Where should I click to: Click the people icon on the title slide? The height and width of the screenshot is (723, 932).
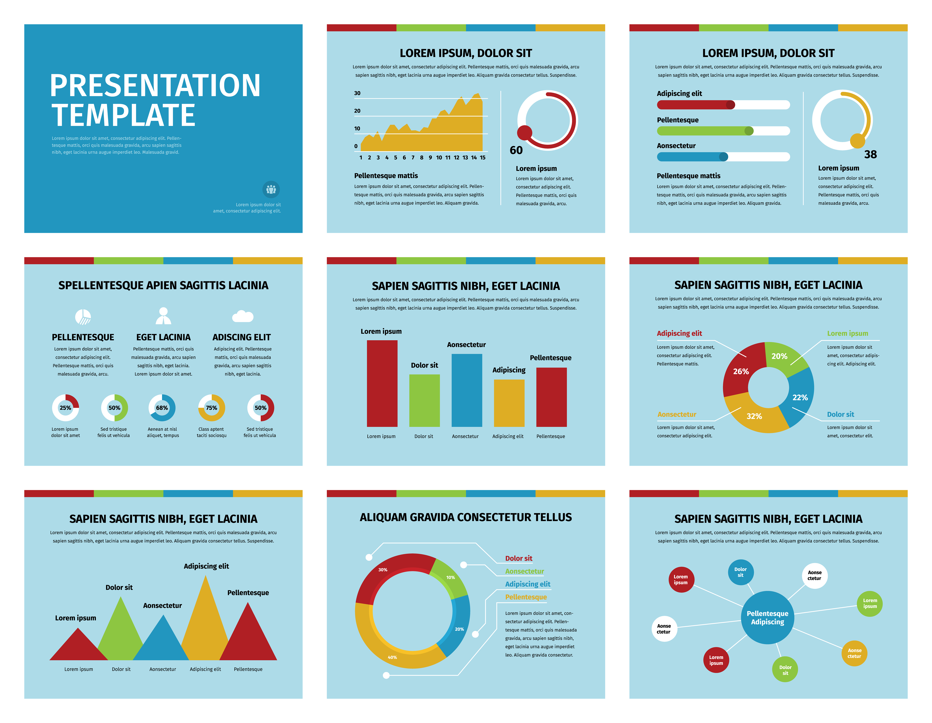(x=271, y=189)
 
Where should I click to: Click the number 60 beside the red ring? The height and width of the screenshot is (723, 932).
(x=516, y=150)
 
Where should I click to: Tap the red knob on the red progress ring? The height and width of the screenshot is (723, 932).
(x=524, y=133)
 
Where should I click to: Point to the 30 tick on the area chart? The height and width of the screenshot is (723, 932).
(x=357, y=93)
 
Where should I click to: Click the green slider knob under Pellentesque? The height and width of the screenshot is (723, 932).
(x=749, y=131)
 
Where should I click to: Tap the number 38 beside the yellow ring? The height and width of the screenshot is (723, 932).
(x=870, y=154)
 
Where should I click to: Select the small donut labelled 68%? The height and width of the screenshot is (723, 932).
(x=162, y=408)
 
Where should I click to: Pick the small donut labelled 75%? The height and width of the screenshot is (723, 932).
(x=211, y=408)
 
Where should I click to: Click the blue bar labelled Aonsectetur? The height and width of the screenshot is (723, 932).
(x=466, y=390)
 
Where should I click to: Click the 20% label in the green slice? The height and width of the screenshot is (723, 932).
(x=779, y=356)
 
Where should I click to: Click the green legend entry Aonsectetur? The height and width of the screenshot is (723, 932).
(x=524, y=571)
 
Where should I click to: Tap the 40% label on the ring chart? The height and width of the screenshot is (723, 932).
(x=392, y=657)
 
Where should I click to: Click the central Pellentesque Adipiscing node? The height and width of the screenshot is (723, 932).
(x=767, y=618)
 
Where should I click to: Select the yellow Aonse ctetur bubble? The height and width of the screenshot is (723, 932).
(x=854, y=653)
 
